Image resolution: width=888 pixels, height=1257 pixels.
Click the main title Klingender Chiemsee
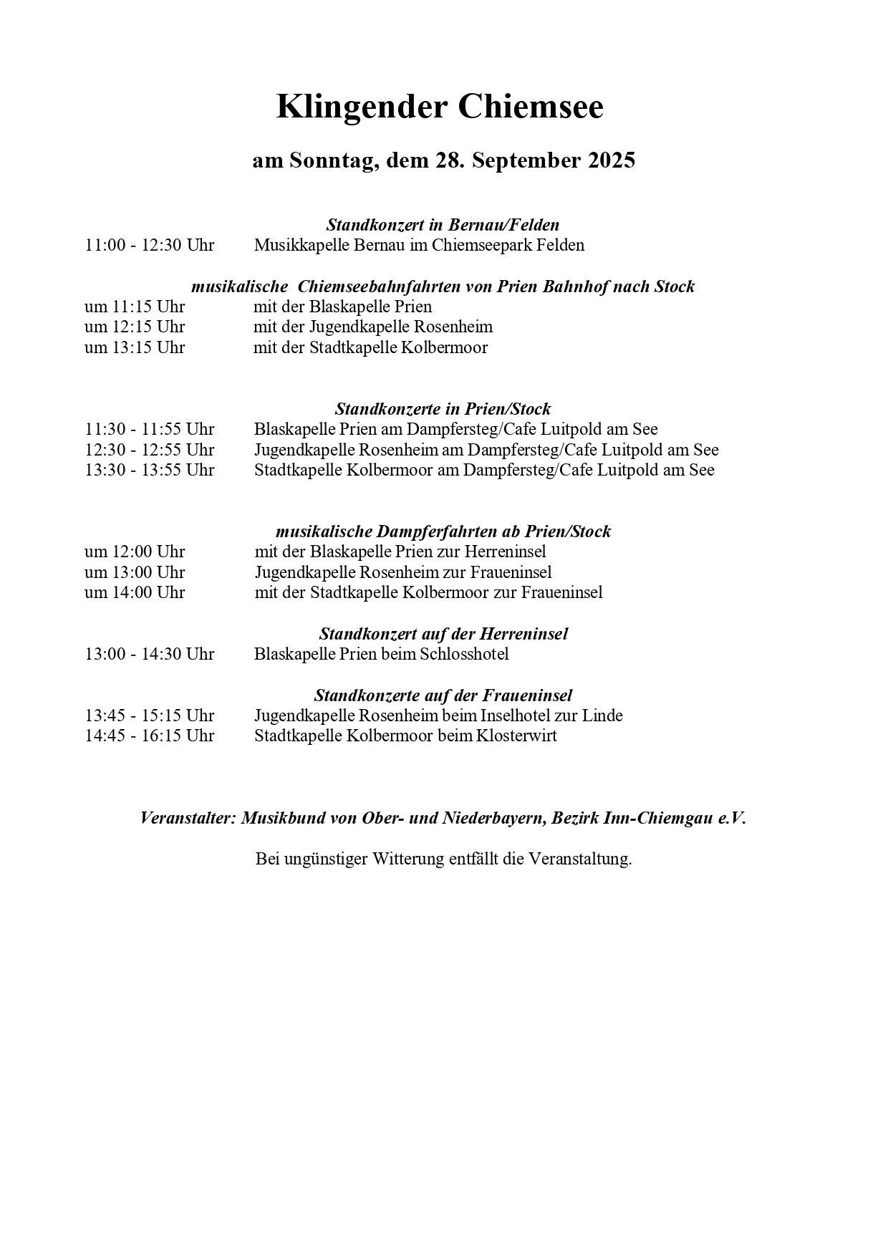(440, 107)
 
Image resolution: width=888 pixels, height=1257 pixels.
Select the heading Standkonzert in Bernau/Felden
(443, 225)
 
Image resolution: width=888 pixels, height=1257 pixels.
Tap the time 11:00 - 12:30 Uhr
(149, 245)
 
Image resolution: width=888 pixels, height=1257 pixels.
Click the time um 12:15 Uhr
(135, 327)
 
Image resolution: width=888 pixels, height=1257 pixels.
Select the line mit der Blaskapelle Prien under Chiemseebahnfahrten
(342, 307)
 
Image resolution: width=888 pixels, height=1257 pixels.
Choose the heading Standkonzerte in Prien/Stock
(443, 409)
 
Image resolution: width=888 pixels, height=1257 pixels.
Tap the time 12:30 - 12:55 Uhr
(149, 450)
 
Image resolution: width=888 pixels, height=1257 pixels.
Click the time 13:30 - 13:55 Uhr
(149, 470)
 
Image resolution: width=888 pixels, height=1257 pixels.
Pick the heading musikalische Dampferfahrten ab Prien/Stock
(443, 531)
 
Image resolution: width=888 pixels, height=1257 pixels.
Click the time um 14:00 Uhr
(135, 592)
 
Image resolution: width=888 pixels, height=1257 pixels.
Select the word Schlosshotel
(464, 654)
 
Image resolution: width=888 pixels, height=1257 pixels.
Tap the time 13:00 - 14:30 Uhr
(149, 654)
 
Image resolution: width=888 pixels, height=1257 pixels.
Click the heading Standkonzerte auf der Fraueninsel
(443, 695)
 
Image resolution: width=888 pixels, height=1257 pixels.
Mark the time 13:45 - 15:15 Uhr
(149, 716)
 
